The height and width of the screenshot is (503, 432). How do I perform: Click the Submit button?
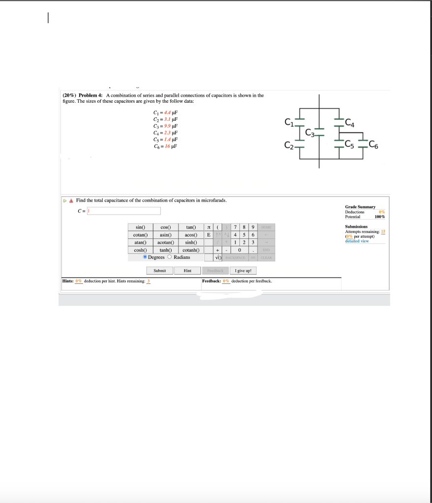(160, 271)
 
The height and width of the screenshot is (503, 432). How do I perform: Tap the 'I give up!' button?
(243, 271)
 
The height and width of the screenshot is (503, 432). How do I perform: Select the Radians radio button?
(170, 257)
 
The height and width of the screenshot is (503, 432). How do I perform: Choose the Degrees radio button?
(145, 257)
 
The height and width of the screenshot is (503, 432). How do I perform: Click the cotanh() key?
(190, 250)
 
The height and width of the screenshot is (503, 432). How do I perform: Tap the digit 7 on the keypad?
(236, 227)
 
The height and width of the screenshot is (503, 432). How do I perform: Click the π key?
(209, 227)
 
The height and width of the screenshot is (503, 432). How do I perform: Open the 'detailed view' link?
(357, 241)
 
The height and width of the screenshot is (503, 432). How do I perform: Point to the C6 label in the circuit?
(374, 144)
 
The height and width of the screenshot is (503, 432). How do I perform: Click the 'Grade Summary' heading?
(360, 207)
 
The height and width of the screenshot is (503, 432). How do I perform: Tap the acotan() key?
(166, 242)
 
